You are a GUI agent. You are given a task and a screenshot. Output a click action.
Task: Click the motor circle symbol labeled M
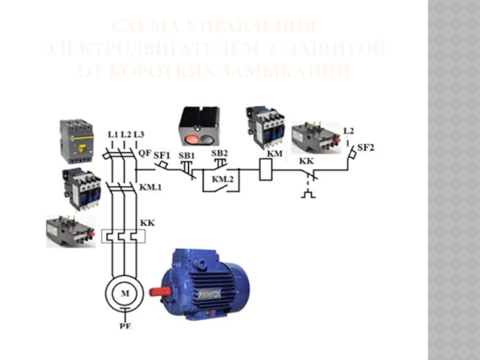tap(125, 293)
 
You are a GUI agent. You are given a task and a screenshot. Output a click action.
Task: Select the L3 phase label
tap(139, 134)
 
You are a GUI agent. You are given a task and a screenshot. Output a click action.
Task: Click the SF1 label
tap(162, 154)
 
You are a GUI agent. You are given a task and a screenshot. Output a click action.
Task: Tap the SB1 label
tap(187, 154)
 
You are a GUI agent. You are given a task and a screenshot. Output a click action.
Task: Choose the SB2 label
tap(220, 153)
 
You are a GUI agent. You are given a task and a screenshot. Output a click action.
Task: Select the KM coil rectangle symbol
tap(266, 169)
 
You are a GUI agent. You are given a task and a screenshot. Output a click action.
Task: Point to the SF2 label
tap(366, 147)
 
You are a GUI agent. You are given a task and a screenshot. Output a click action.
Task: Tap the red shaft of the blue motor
tap(158, 290)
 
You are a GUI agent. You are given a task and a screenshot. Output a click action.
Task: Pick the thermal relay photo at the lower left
tap(70, 230)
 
